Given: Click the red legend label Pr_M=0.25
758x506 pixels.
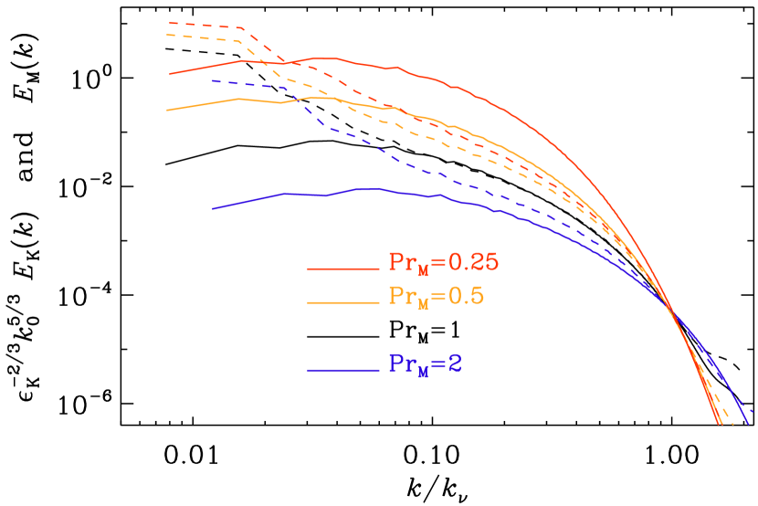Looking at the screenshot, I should pyautogui.click(x=444, y=263).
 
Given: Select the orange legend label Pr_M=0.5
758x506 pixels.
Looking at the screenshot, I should pyautogui.click(x=436, y=297).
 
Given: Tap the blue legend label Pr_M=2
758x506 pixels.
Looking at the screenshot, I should pyautogui.click(x=426, y=364).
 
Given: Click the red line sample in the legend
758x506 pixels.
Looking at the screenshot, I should pyautogui.click(x=342, y=269).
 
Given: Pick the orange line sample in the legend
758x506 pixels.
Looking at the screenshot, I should pyautogui.click(x=342, y=301).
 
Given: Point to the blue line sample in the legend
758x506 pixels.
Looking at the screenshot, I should pyautogui.click(x=342, y=370).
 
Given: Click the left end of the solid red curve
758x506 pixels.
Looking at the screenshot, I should pyautogui.click(x=170, y=74).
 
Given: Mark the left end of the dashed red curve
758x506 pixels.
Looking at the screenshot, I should pyautogui.click(x=170, y=23).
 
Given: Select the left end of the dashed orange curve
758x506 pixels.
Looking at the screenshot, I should pyautogui.click(x=167, y=36).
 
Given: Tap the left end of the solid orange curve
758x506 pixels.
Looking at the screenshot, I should pyautogui.click(x=168, y=110).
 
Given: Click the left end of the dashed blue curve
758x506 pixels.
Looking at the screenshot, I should pyautogui.click(x=213, y=80).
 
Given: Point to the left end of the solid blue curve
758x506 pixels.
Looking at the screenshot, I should pyautogui.click(x=213, y=208).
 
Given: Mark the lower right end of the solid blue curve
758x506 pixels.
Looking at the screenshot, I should pyautogui.click(x=748, y=423).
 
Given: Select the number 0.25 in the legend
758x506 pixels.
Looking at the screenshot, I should pyautogui.click(x=473, y=263).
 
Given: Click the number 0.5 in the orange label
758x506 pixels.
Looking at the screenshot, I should pyautogui.click(x=465, y=297).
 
